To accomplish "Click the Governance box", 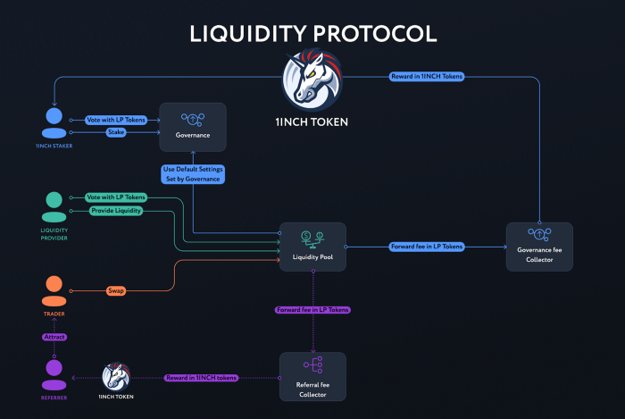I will [x=192, y=126].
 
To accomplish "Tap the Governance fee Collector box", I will [x=539, y=247].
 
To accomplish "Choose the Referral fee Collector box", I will [x=312, y=376].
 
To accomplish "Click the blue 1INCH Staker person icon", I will [x=54, y=123].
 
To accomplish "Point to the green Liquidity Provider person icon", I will [x=54, y=207].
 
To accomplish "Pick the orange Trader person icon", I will [x=54, y=291].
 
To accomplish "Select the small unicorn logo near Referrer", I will [x=117, y=377].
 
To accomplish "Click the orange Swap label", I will [x=116, y=290].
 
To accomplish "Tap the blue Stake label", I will [x=116, y=132].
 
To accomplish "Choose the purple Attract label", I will [x=54, y=337].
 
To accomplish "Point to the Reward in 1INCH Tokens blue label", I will [x=427, y=77].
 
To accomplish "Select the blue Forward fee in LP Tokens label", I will [x=427, y=246].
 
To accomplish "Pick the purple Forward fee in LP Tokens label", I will [x=312, y=309].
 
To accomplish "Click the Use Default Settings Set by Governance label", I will [x=192, y=174].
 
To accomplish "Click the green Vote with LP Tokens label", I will [x=116, y=197].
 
